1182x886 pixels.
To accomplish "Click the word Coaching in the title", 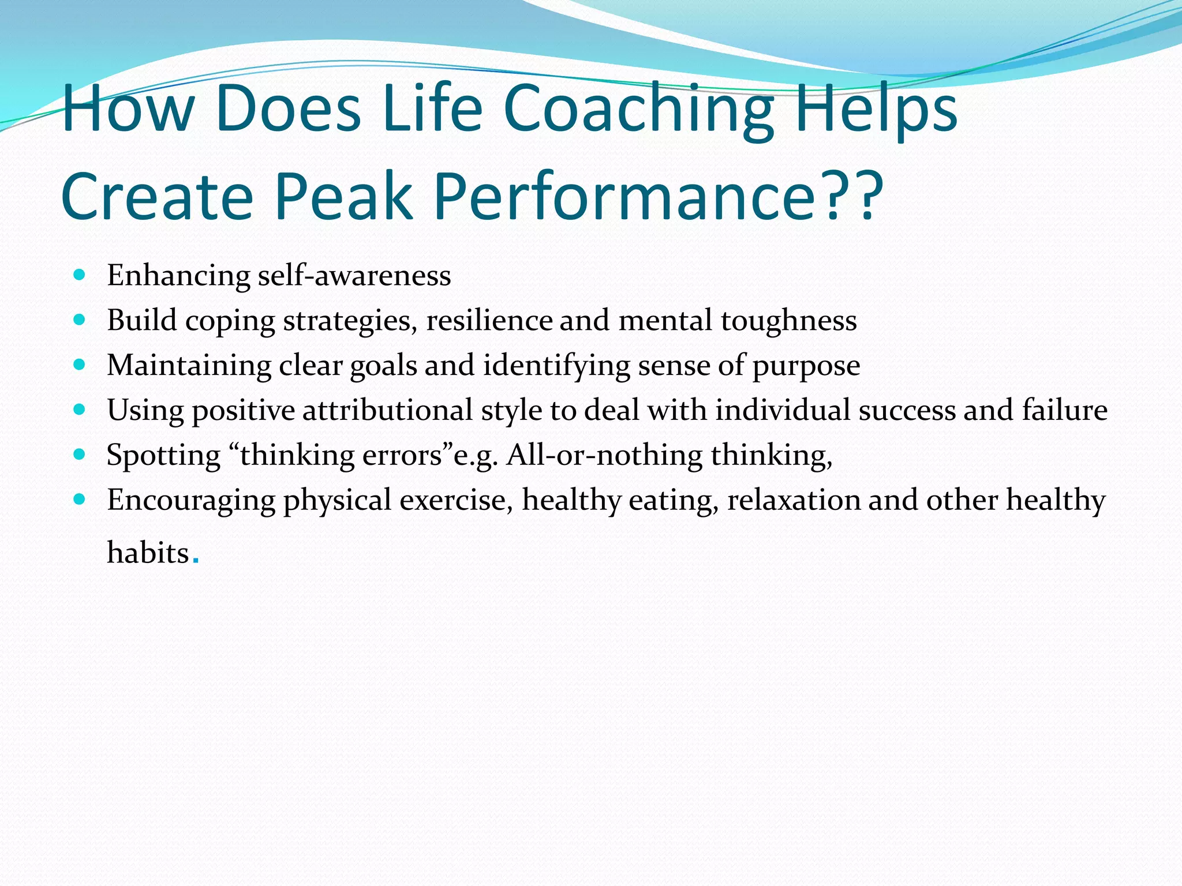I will point(638,109).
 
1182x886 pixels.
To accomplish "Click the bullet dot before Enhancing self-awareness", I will point(80,275).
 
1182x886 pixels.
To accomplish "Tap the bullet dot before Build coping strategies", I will point(80,320).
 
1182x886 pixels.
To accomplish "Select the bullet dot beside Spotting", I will point(80,455).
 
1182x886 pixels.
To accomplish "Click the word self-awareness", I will point(354,276).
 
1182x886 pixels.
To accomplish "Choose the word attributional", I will point(387,411).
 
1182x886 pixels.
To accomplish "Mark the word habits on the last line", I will point(148,553).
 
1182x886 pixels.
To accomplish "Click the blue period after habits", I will point(196,561).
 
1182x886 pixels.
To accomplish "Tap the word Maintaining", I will point(189,366).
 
